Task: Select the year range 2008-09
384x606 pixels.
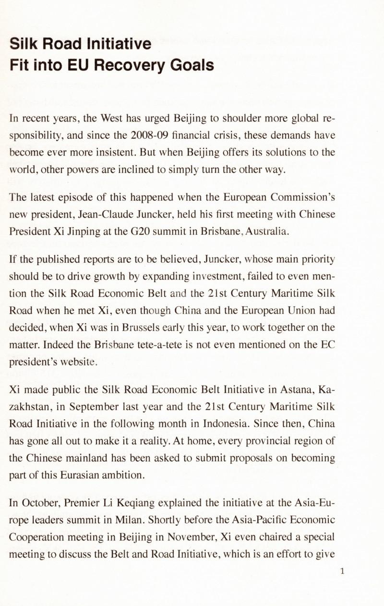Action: click(149, 136)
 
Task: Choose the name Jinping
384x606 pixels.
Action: click(78, 232)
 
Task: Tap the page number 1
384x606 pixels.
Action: click(342, 571)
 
